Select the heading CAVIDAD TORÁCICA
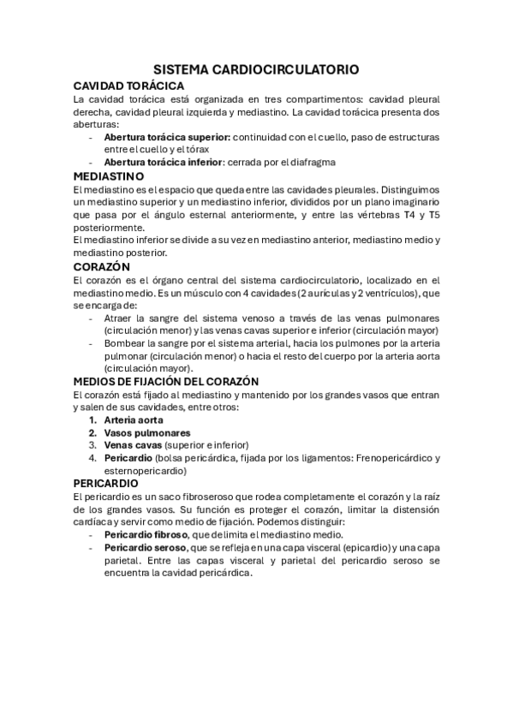click(128, 86)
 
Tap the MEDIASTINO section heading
click(114, 176)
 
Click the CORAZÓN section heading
click(102, 266)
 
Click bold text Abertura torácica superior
click(166, 137)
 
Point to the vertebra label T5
click(434, 216)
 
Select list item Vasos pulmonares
click(141, 432)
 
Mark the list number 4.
click(93, 458)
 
